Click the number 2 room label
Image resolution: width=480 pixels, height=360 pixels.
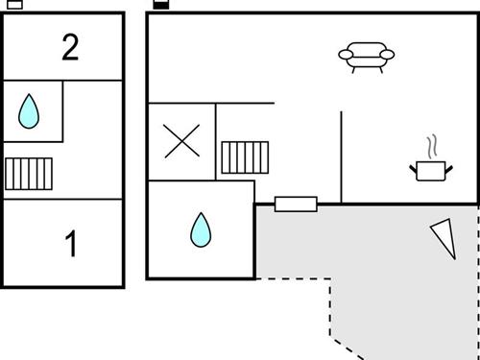pyautogui.click(x=69, y=47)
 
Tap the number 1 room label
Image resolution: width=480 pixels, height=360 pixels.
pyautogui.click(x=69, y=245)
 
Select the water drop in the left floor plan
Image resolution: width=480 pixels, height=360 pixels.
pyautogui.click(x=30, y=111)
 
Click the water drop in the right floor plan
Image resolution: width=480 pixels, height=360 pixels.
pyautogui.click(x=201, y=229)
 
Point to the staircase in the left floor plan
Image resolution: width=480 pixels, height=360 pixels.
pyautogui.click(x=29, y=174)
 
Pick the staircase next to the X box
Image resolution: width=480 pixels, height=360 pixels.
pyautogui.click(x=245, y=157)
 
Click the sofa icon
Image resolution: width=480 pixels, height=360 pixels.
pyautogui.click(x=367, y=58)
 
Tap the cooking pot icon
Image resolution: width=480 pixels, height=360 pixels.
pyautogui.click(x=430, y=170)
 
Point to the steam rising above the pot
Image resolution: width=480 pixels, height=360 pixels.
pyautogui.click(x=433, y=147)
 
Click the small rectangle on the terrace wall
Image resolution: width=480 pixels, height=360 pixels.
pyautogui.click(x=296, y=204)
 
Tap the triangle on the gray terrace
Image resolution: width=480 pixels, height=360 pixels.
pyautogui.click(x=444, y=237)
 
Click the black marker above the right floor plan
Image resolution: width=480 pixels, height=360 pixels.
pyautogui.click(x=161, y=4)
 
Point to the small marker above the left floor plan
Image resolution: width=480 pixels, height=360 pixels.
pyautogui.click(x=15, y=4)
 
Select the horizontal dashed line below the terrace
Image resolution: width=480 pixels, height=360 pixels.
pyautogui.click(x=293, y=279)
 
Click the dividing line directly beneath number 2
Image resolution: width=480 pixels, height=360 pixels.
pyautogui.click(x=63, y=81)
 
